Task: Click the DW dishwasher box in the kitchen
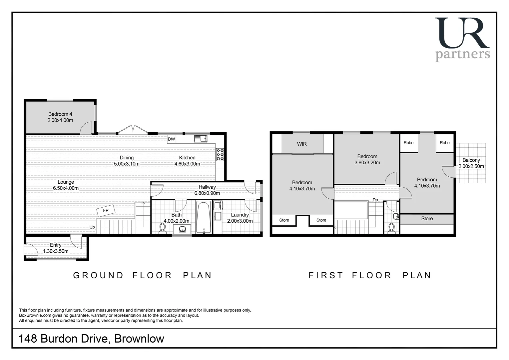(171, 139)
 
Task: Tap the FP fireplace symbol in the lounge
(106, 211)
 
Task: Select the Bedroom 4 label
(60, 114)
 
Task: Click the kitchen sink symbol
(201, 139)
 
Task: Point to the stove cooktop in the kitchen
(220, 155)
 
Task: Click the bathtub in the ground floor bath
(203, 217)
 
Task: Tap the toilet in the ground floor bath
(163, 228)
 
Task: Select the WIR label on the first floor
(302, 144)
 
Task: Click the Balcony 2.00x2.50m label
(471, 163)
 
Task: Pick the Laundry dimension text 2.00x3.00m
(240, 221)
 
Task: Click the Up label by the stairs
(92, 227)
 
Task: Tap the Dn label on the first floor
(375, 200)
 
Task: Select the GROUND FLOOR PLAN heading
(142, 275)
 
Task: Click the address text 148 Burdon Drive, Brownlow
(92, 339)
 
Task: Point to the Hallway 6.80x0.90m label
(207, 190)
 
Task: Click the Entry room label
(56, 245)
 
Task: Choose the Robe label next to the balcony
(444, 143)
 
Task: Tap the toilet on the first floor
(391, 228)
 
